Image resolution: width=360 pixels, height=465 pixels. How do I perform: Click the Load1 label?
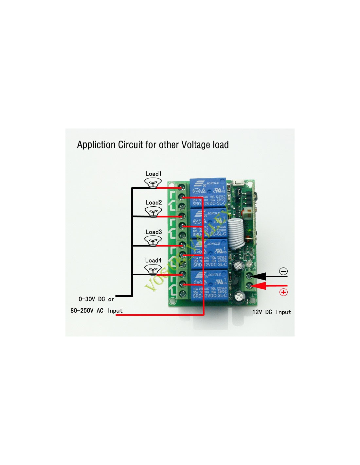[153, 174]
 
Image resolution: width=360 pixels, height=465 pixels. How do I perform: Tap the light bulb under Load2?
[153, 213]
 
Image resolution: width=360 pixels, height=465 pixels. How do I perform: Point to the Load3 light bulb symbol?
[153, 242]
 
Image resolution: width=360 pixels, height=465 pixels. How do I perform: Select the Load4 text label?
[153, 260]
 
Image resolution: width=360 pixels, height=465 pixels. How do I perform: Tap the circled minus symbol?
[283, 271]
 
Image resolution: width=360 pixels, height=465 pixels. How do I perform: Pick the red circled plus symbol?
[283, 292]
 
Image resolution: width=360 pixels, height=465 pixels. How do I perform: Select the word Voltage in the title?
[196, 145]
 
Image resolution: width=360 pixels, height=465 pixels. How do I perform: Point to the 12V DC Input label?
[272, 312]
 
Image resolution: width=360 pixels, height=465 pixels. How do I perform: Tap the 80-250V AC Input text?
[97, 311]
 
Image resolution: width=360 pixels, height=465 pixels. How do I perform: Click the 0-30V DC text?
[92, 299]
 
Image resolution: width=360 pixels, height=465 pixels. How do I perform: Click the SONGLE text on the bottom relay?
[214, 275]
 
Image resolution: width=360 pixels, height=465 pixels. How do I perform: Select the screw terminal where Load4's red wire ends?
[182, 274]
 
